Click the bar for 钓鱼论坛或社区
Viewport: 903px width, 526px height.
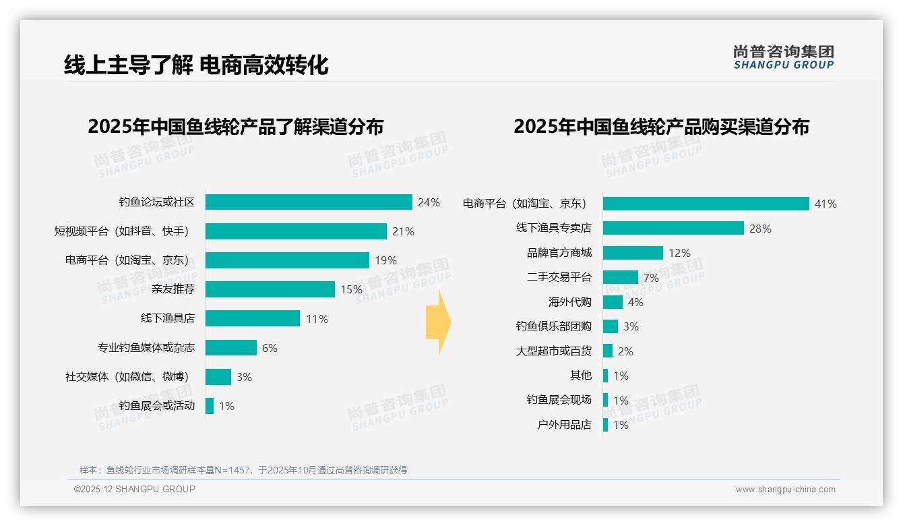[x=309, y=202]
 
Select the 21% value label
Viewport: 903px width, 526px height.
[x=403, y=231]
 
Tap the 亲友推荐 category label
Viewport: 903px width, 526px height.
[x=173, y=289]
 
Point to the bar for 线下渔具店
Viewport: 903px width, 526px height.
[x=253, y=318]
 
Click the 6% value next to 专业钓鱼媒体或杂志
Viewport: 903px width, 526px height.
[x=270, y=348]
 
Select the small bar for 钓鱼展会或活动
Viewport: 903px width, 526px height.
[x=210, y=406]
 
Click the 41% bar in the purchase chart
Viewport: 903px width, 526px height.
[x=706, y=204]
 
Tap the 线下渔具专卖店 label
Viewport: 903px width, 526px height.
[x=554, y=228]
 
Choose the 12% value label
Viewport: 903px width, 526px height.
[x=679, y=253]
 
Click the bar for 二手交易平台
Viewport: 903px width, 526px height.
[x=620, y=277]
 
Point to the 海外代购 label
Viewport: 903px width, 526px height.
[x=570, y=301]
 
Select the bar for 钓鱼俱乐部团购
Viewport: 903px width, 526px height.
[x=611, y=326]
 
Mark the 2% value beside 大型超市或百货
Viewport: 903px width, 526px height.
[x=625, y=351]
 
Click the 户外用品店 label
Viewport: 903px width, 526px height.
[x=565, y=425]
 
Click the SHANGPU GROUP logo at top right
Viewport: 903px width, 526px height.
[x=784, y=57]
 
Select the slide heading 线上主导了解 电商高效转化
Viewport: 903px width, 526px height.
[x=196, y=65]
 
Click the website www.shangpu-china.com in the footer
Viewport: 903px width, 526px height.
[x=785, y=490]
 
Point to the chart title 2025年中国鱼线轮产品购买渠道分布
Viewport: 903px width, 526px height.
[x=661, y=127]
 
